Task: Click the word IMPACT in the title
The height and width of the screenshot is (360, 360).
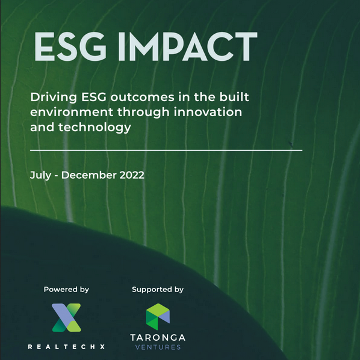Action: pos(188,46)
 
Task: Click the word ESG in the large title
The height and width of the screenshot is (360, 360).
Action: pos(70,46)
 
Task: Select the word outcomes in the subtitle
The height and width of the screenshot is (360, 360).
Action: pos(142,98)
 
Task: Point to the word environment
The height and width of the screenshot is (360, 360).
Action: pos(72,112)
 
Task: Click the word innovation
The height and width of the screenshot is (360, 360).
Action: pos(208,112)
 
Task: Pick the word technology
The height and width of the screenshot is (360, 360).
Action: pos(95,128)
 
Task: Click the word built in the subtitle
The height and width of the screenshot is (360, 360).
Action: pos(234,97)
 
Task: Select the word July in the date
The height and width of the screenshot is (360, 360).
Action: pos(41,176)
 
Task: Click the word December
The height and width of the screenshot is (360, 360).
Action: pos(89,175)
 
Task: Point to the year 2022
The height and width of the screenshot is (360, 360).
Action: pos(132,175)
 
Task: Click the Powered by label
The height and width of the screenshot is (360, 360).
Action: pos(66,290)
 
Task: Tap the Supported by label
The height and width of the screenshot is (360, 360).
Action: pos(158,290)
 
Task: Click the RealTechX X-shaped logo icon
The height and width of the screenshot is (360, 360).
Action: pos(66,317)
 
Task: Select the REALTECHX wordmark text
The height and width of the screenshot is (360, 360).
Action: pos(66,347)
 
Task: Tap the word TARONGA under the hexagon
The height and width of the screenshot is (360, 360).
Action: pos(158,338)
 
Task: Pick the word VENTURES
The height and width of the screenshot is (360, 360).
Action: pos(158,347)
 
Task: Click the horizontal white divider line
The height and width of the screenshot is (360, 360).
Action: pos(166,151)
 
